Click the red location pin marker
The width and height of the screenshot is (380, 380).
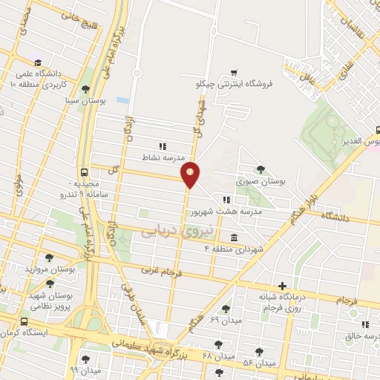click(x=191, y=174)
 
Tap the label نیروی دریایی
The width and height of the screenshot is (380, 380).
click(x=177, y=231)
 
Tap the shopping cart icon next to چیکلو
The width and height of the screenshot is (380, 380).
click(x=234, y=72)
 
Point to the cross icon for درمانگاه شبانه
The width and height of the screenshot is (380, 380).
click(x=282, y=286)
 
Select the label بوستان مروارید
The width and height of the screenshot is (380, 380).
click(x=50, y=269)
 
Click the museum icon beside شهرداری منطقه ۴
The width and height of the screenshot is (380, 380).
click(x=234, y=237)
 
